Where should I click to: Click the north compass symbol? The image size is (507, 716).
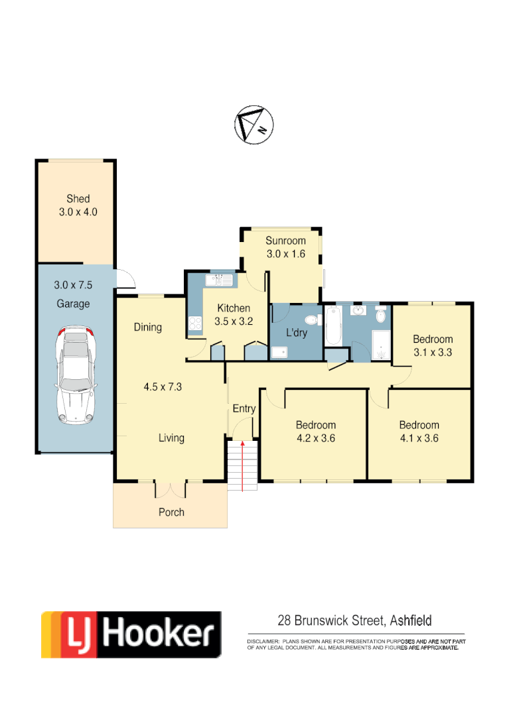click(x=254, y=124)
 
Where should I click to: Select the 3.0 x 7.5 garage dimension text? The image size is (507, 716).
click(x=74, y=285)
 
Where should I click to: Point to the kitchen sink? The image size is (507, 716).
click(x=218, y=281)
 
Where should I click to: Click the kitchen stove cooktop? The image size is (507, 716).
click(x=196, y=324)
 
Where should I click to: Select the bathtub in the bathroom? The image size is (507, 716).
click(x=333, y=325)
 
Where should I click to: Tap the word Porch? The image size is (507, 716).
click(x=171, y=512)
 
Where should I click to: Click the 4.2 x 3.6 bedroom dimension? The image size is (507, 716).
click(x=315, y=438)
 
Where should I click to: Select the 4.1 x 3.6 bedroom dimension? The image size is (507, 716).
click(x=419, y=438)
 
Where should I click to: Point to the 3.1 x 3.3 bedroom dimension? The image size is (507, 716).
click(x=433, y=352)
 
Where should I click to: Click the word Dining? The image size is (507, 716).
click(x=147, y=327)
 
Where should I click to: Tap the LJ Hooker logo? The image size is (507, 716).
click(x=131, y=634)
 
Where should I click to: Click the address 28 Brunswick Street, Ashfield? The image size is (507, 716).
click(x=354, y=621)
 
